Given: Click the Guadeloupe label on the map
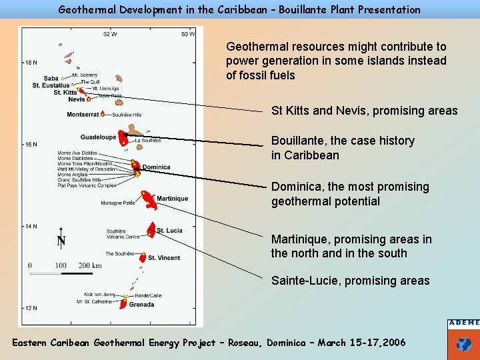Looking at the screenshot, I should click(98, 137).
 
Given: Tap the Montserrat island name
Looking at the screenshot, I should click(83, 114).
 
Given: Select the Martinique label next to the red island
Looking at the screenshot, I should click(173, 199).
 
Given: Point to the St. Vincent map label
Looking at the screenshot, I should click(164, 258).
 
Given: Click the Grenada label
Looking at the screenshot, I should click(141, 305).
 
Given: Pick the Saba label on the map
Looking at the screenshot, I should click(51, 79).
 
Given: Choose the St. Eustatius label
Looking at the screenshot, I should click(51, 85).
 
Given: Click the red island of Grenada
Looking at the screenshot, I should click(123, 303).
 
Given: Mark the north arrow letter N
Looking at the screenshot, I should click(61, 241).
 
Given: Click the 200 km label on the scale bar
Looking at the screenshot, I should click(90, 265).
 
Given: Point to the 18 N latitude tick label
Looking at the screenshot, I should click(31, 63).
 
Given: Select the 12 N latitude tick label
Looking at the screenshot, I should click(31, 308).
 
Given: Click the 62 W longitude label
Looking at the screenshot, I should click(110, 34).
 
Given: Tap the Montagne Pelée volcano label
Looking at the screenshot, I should click(118, 203).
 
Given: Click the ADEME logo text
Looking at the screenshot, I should click(464, 323).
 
